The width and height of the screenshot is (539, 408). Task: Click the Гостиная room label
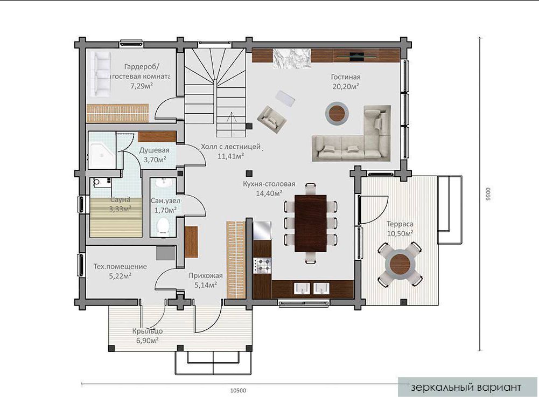pos(346,77)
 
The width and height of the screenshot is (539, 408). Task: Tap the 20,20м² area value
pos(346,86)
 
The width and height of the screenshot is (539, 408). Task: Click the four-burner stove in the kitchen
pos(262,265)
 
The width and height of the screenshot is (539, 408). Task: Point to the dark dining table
pos(310,223)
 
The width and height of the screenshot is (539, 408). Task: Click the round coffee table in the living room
pos(337,113)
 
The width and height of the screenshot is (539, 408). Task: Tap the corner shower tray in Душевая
pos(102,150)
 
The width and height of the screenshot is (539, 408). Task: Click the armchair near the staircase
pos(272,119)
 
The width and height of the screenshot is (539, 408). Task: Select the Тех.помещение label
pos(120,266)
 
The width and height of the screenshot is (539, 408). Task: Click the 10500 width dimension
pos(238,390)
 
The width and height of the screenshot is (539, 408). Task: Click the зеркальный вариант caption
pos(466,388)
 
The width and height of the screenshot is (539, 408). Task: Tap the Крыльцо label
pos(148,331)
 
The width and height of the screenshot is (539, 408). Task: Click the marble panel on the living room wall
pos(292,59)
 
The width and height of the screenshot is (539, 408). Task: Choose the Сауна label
pos(120,199)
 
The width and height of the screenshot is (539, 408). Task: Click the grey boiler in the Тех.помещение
pos(166,253)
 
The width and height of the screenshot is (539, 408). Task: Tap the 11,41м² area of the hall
pos(230,156)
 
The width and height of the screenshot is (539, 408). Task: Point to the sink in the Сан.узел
pos(164,183)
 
